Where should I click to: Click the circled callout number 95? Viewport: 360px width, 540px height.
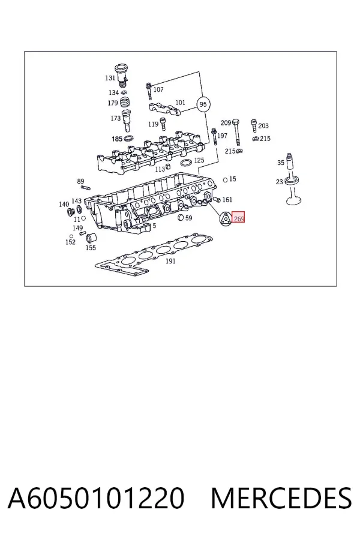pos(203,104)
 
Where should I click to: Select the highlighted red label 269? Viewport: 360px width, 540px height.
pos(238,217)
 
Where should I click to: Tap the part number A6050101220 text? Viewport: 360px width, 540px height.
pos(96,497)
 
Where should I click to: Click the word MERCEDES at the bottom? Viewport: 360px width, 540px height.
pos(281,497)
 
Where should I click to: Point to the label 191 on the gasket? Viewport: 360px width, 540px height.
pos(170,261)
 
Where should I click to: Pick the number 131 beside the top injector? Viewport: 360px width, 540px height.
pos(110,78)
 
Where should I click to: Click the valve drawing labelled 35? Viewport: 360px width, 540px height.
pos(292,179)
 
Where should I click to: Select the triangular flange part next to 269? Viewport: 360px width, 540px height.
pos(226,218)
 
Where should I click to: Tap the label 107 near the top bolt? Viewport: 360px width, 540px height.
pos(158,89)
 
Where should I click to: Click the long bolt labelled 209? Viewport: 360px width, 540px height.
pos(236,133)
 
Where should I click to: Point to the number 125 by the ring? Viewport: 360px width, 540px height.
pos(199,160)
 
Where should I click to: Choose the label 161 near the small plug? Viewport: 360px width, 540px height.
pos(227,200)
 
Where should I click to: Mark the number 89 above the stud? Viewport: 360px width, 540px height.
pos(80,181)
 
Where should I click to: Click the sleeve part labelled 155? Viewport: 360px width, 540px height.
pos(91,238)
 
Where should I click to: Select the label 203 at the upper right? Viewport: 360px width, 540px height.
pos(263,126)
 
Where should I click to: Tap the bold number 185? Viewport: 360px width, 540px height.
pos(117,139)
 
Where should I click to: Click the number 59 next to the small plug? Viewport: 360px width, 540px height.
pos(188,218)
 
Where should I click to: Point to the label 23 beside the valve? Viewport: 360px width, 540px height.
pos(279,181)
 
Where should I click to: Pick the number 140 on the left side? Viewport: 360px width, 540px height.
pos(64,204)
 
